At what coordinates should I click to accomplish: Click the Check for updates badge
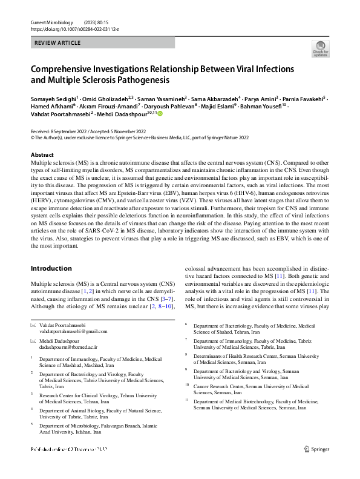320,48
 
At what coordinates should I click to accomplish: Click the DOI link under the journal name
67,28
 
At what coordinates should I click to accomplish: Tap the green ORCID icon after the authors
160,113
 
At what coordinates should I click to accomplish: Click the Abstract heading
42,155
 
